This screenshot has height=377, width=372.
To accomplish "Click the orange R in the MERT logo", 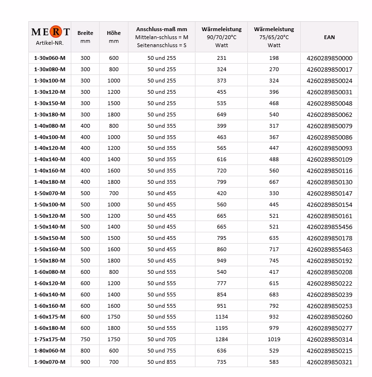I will pyautogui.click(x=55, y=32).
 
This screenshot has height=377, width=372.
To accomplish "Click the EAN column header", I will pyautogui.click(x=329, y=37).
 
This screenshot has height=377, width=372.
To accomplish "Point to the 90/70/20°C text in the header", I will pyautogui.click(x=221, y=37).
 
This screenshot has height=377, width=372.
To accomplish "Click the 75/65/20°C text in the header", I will pyautogui.click(x=274, y=37).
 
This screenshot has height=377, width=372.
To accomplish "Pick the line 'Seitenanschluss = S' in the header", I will pyautogui.click(x=161, y=45).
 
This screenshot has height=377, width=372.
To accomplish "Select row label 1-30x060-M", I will pyautogui.click(x=50, y=58).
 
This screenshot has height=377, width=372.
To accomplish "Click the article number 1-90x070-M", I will pyautogui.click(x=50, y=362).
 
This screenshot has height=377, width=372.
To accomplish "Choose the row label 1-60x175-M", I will pyautogui.click(x=50, y=317).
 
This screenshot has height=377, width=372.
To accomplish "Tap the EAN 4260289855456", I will pyautogui.click(x=329, y=227).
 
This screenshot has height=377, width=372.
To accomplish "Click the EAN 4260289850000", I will pyautogui.click(x=329, y=58).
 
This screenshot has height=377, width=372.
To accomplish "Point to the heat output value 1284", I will pyautogui.click(x=221, y=339).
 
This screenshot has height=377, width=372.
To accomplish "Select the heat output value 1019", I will pyautogui.click(x=274, y=339).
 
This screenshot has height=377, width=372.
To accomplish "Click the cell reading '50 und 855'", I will pyautogui.click(x=161, y=362).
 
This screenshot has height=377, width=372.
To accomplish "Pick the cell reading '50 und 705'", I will pyautogui.click(x=161, y=339).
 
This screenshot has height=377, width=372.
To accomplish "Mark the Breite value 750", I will pyautogui.click(x=85, y=339).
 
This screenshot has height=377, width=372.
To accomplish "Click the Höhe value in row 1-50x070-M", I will pyautogui.click(x=114, y=193).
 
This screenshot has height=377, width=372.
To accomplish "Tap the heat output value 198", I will pyautogui.click(x=274, y=58).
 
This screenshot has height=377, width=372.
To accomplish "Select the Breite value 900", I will pyautogui.click(x=85, y=362).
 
